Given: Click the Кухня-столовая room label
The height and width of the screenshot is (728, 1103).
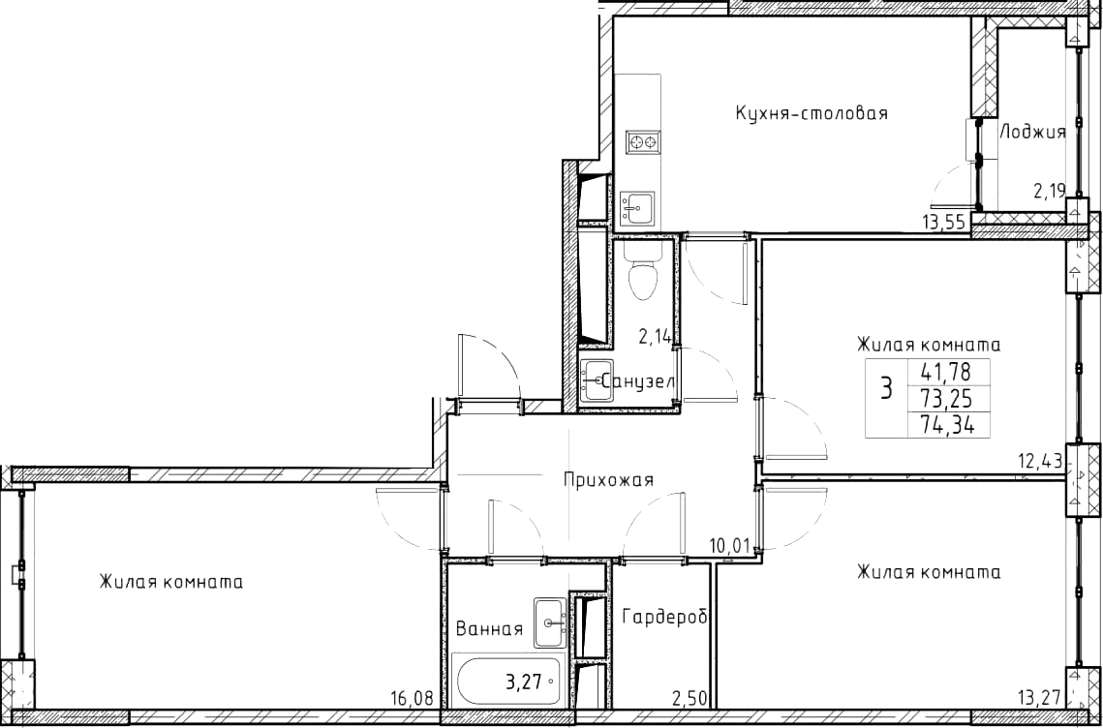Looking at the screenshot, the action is [x=812, y=113].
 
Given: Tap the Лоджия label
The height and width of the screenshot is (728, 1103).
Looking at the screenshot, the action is [x=1032, y=132].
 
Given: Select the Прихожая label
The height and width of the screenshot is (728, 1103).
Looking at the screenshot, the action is [x=608, y=480].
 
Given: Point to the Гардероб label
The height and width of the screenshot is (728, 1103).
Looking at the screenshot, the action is [x=664, y=617].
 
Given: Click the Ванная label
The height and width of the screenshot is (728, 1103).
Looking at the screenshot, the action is [x=489, y=629].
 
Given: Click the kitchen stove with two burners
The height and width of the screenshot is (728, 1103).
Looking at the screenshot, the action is [x=643, y=142].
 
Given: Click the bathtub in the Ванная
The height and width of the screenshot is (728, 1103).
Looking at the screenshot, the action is [x=508, y=682].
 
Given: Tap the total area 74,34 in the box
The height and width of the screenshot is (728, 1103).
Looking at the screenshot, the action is [x=945, y=425].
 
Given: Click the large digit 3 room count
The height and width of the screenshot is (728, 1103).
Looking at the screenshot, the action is [x=887, y=387].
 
